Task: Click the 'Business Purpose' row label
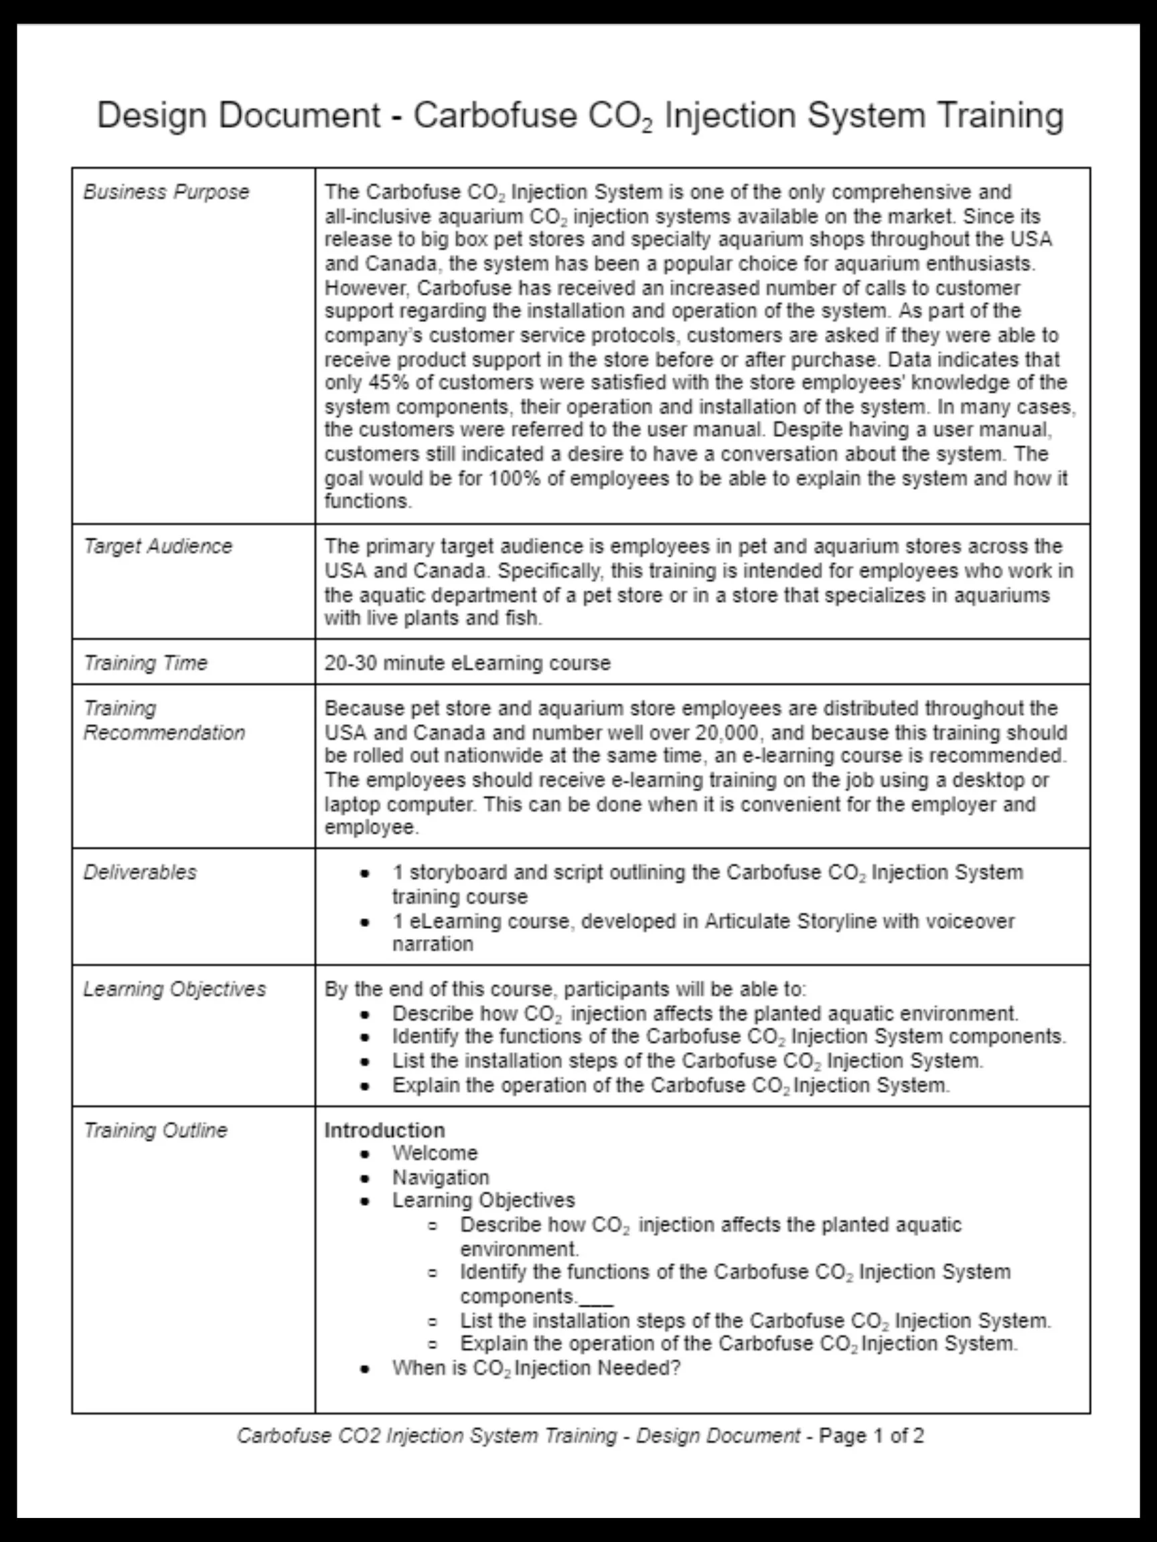(166, 192)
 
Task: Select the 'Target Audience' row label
(157, 547)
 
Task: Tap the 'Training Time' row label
(145, 663)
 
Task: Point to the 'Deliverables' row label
(139, 873)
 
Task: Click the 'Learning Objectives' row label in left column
(174, 990)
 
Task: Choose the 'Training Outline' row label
(155, 1130)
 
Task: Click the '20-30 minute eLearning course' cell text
(467, 663)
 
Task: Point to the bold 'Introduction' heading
(384, 1130)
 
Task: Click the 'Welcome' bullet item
(435, 1154)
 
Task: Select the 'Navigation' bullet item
(440, 1178)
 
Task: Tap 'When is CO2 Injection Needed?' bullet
(536, 1369)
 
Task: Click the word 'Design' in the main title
(151, 116)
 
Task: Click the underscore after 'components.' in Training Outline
(597, 1298)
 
